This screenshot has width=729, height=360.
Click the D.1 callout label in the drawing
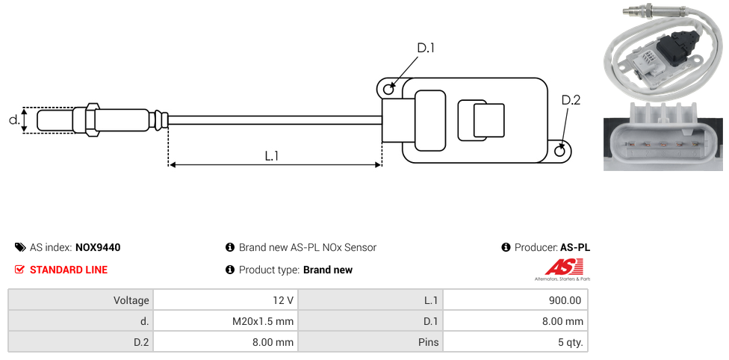tap(425, 48)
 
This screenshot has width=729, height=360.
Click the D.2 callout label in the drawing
tap(571, 101)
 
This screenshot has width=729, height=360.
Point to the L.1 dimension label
tap(272, 156)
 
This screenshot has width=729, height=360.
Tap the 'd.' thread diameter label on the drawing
tap(13, 120)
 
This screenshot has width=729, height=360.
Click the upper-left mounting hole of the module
tap(388, 89)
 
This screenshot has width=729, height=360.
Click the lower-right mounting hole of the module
tap(561, 151)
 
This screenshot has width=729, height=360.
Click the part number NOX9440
tap(98, 247)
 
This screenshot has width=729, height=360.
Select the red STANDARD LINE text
tap(68, 270)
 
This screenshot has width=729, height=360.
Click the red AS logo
tap(558, 267)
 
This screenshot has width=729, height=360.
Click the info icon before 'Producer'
tap(506, 247)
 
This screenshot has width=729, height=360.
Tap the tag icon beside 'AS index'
tap(19, 247)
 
